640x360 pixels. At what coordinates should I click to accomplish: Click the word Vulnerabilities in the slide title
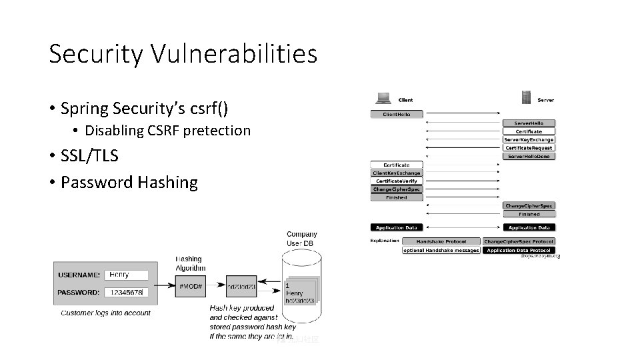[x=230, y=54]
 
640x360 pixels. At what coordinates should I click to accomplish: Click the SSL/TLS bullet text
[x=89, y=156]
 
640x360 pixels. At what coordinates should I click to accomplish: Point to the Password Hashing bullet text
[x=129, y=182]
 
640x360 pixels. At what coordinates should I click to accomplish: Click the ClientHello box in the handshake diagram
[x=397, y=115]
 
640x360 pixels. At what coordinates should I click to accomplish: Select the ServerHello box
[x=529, y=123]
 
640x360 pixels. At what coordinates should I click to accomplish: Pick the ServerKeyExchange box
[x=529, y=140]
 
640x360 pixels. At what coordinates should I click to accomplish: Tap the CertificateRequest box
[x=529, y=148]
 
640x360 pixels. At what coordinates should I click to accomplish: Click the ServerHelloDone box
[x=529, y=157]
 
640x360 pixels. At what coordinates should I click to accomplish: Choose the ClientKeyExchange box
[x=397, y=173]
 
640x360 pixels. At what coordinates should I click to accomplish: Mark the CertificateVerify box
[x=397, y=181]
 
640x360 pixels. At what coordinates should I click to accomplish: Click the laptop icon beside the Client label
[x=383, y=98]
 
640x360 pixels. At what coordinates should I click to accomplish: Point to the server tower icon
[x=526, y=98]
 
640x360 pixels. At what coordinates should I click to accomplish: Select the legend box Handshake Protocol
[x=441, y=241]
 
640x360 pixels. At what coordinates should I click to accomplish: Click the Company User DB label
[x=301, y=239]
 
